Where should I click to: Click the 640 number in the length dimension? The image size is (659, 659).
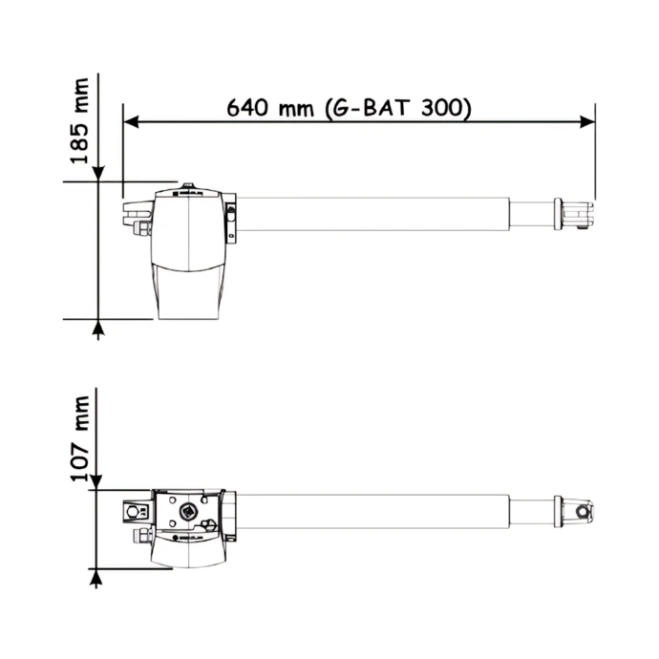coord(247,108)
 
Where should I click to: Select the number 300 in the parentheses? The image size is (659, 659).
coord(441,108)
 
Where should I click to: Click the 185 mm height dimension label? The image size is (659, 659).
coord(80,121)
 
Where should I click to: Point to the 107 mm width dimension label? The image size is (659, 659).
coord(80,438)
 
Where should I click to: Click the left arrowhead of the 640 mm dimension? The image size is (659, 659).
coord(131,122)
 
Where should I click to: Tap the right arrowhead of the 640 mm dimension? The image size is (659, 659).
coord(587,122)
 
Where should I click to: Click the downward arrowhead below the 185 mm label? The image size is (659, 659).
coord(98,174)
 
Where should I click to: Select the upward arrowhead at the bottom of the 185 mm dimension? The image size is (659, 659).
coord(98,327)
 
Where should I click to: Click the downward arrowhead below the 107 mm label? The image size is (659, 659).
coord(96,481)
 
